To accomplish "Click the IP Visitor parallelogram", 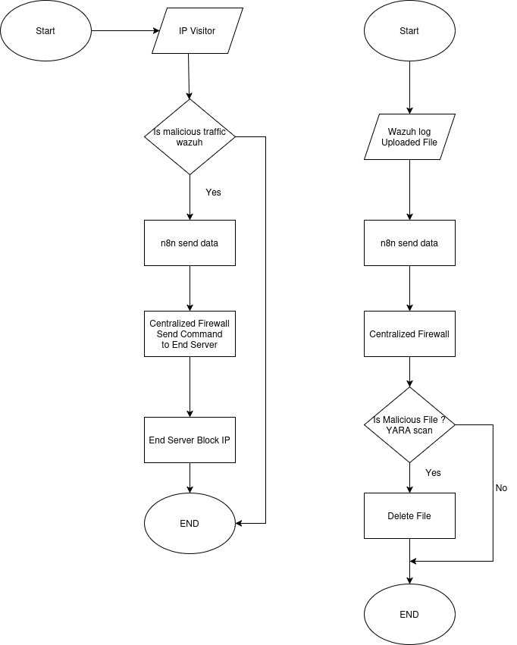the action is click(x=197, y=31).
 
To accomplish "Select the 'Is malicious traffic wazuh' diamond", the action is click(x=190, y=136).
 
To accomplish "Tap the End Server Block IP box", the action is click(x=190, y=440).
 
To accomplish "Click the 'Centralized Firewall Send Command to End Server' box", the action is click(x=190, y=334).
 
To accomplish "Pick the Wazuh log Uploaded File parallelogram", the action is click(x=409, y=136).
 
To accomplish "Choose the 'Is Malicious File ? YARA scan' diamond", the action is click(x=409, y=425).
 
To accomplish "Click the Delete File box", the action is click(x=409, y=516).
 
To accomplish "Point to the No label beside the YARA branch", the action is click(x=501, y=488).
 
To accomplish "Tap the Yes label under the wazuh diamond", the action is click(x=214, y=193).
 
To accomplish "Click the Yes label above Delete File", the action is click(x=433, y=473).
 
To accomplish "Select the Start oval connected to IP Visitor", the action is click(x=45, y=31).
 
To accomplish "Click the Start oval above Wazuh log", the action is click(x=409, y=31).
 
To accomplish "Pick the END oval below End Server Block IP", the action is click(x=190, y=523).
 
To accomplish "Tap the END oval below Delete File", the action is click(x=409, y=614).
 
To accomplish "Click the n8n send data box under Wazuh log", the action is click(x=409, y=243).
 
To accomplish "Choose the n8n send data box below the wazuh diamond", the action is click(x=190, y=243).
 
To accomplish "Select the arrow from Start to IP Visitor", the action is click(x=125, y=31).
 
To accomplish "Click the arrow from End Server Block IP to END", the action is click(x=190, y=477).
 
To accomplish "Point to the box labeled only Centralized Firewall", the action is click(x=409, y=334).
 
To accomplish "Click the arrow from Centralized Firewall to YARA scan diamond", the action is click(x=409, y=372).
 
